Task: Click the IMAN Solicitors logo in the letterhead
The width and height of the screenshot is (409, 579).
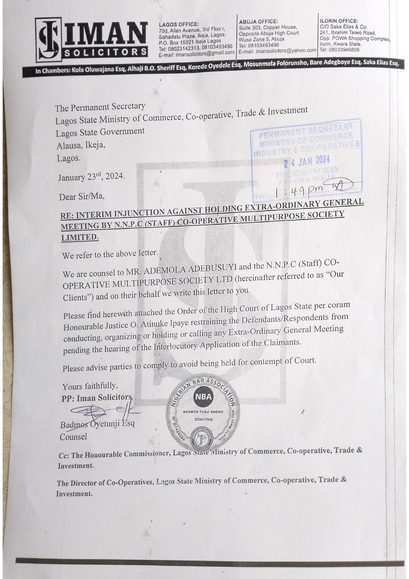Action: tap(91, 40)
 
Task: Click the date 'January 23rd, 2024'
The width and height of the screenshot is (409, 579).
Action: tap(91, 177)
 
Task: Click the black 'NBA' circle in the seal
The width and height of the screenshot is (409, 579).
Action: tap(203, 397)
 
